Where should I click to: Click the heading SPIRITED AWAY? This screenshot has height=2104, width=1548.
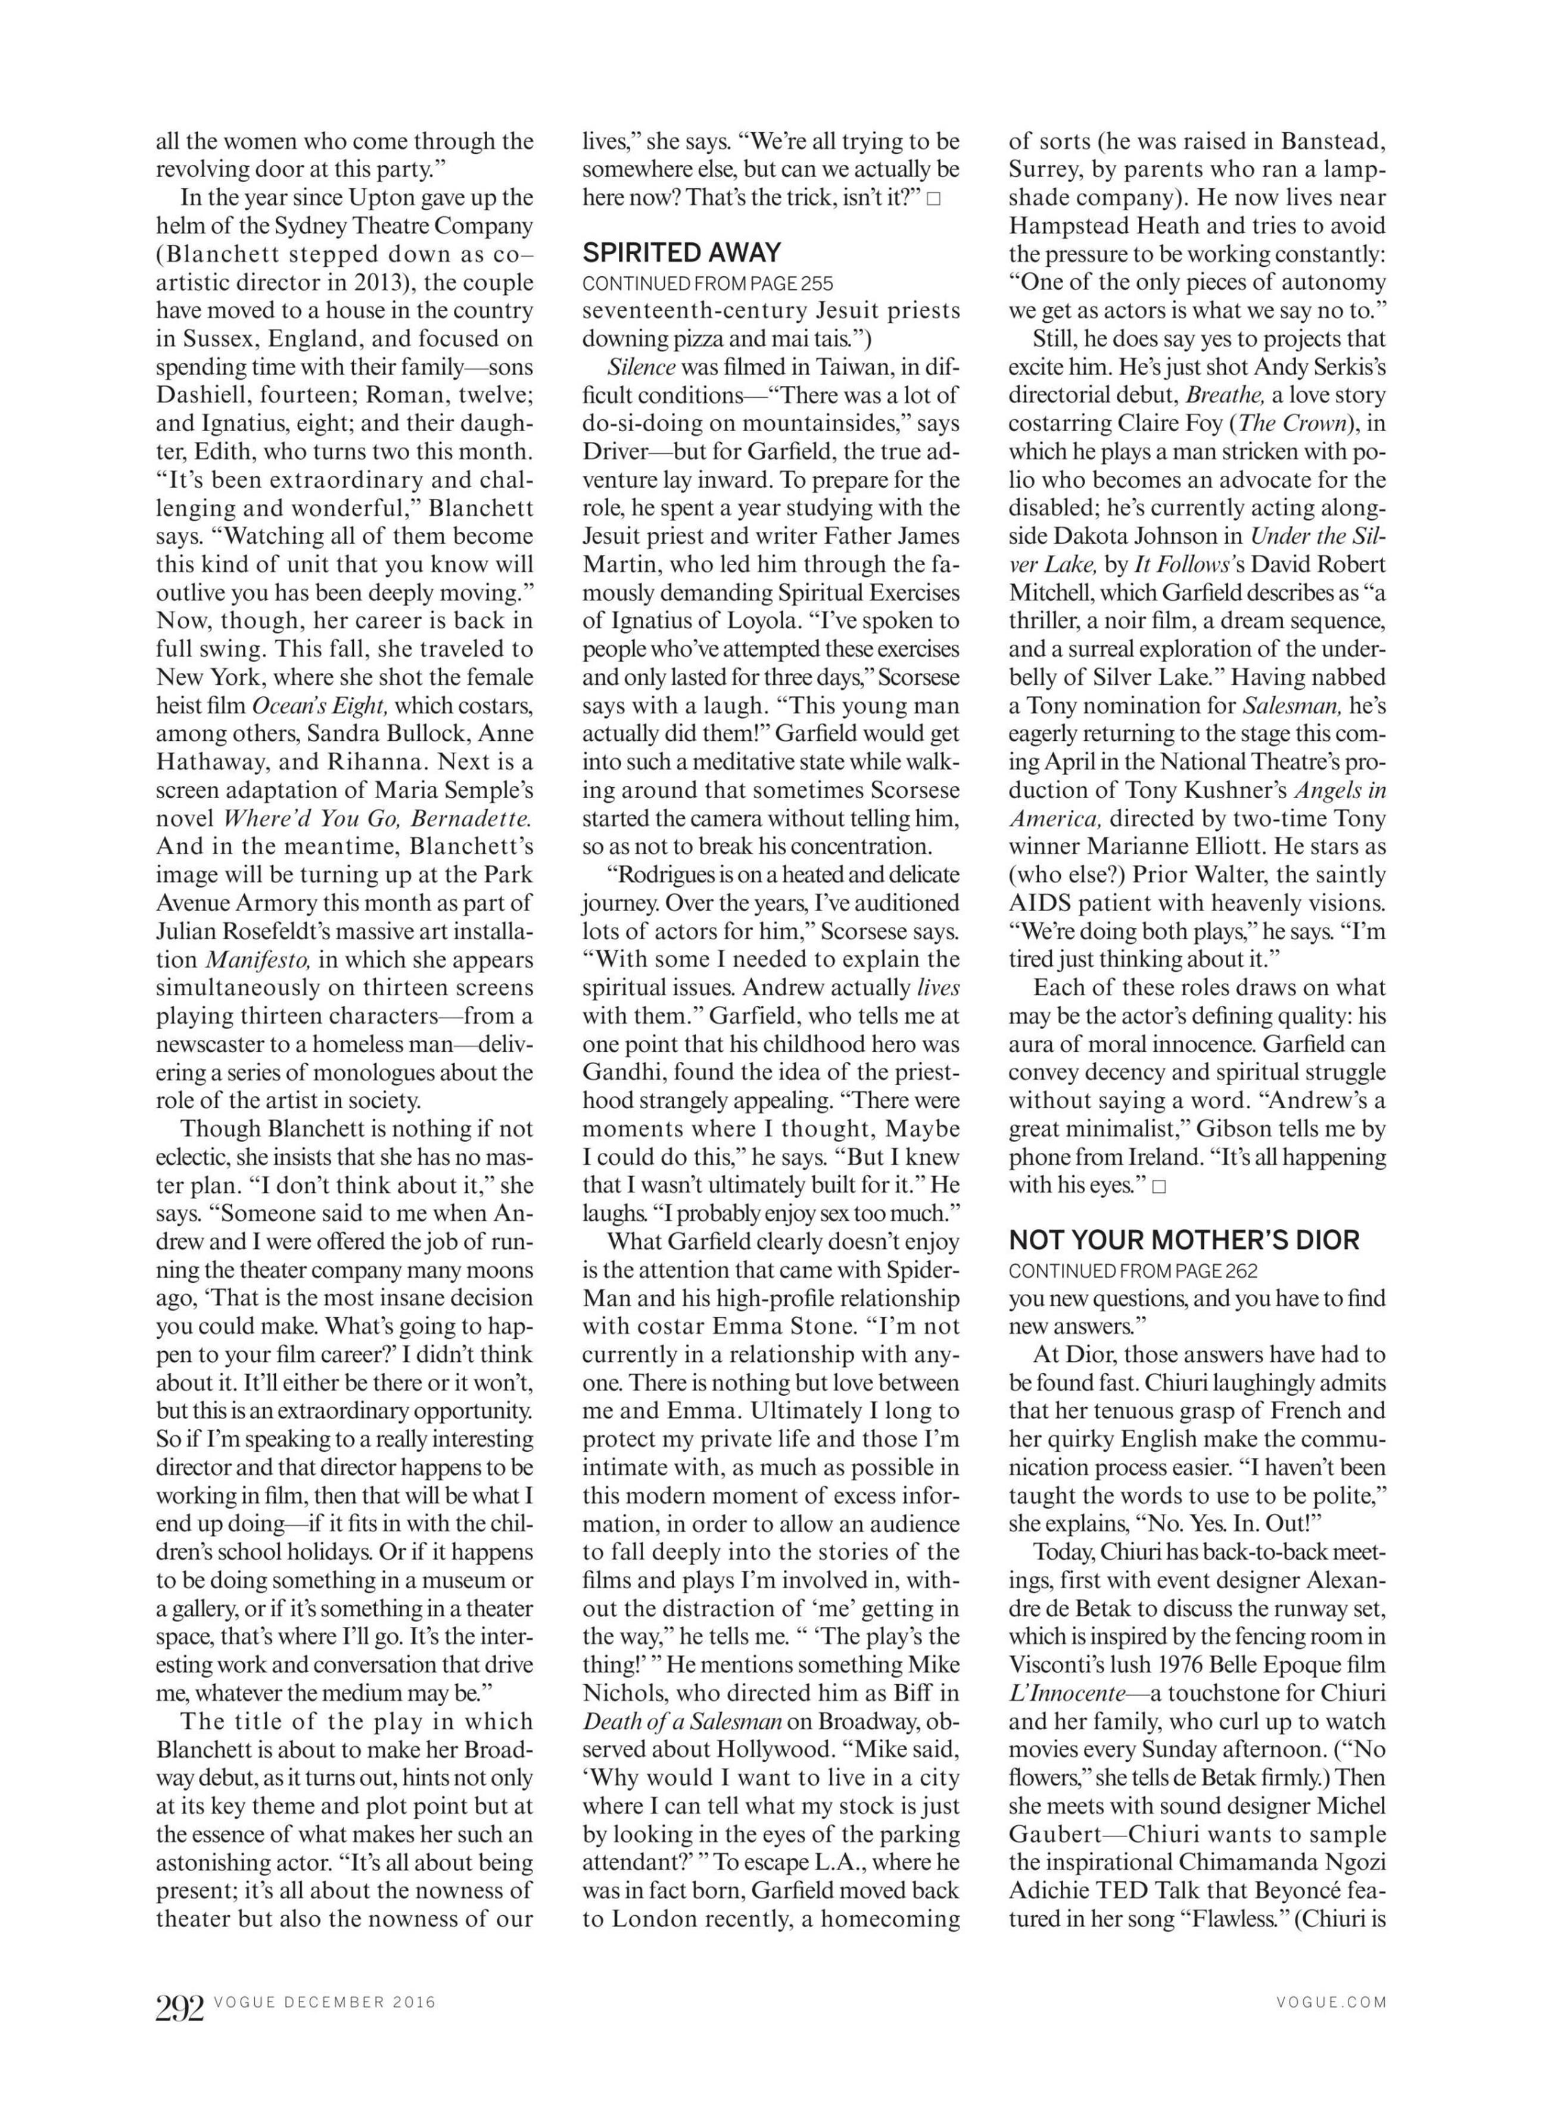tap(681, 253)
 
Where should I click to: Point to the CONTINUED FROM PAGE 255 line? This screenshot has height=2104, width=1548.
tap(708, 283)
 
